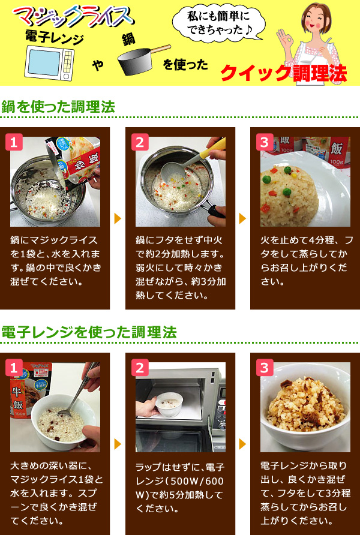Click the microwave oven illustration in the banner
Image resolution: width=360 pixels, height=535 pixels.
click(x=49, y=63)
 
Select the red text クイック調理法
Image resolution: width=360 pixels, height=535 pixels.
click(x=284, y=73)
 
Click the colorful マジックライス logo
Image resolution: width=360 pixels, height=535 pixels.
click(x=73, y=17)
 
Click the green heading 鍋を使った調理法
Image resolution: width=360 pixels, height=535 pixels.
click(x=58, y=107)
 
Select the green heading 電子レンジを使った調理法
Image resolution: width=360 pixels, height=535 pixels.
click(x=89, y=332)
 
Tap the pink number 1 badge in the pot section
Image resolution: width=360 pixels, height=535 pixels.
click(x=14, y=142)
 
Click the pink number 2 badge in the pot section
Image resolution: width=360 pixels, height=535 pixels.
click(x=140, y=142)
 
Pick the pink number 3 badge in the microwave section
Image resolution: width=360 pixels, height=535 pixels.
click(x=265, y=368)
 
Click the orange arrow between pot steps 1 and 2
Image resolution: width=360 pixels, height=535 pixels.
click(x=118, y=218)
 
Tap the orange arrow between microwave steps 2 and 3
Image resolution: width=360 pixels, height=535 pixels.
click(x=242, y=444)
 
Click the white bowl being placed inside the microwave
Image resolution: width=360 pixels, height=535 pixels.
click(x=169, y=405)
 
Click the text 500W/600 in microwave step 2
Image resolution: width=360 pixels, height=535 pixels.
click(x=197, y=481)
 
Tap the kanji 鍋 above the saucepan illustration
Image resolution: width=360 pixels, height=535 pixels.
click(x=128, y=40)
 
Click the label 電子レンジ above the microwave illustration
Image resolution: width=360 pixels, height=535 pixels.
click(x=54, y=38)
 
